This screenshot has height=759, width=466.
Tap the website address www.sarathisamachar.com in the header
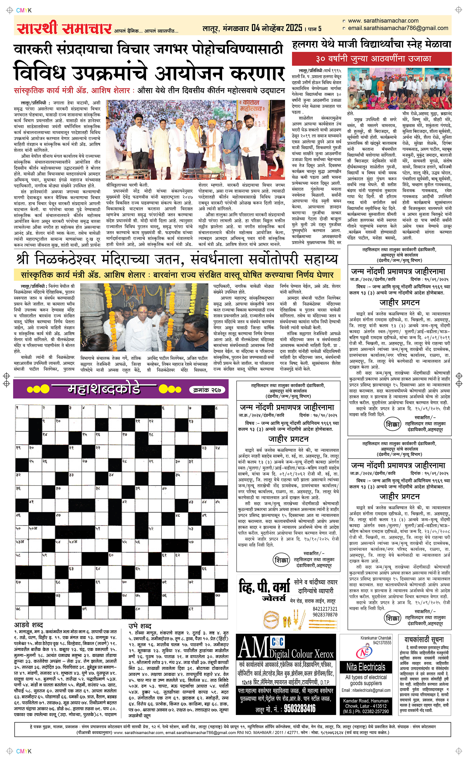point(383,21)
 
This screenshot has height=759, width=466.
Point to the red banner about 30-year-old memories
point(372,59)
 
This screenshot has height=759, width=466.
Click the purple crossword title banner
point(121,389)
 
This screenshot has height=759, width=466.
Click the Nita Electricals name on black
point(366,667)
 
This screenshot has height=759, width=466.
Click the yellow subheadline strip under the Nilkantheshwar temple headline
point(177,275)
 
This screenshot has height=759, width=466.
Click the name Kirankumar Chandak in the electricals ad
point(376,638)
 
